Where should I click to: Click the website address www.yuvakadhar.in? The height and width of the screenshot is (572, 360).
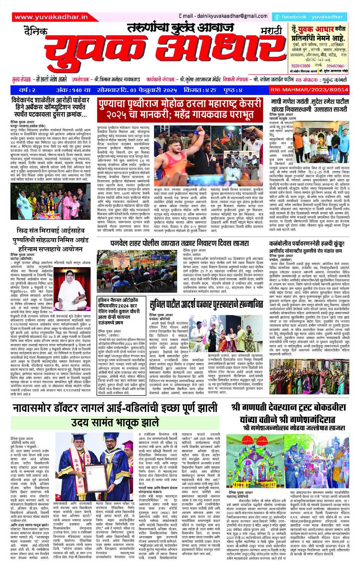click(x=51, y=17)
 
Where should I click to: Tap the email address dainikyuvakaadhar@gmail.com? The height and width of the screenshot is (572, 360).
click(x=223, y=16)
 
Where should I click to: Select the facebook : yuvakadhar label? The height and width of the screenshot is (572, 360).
click(x=309, y=17)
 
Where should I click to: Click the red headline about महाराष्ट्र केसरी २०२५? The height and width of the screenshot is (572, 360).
click(x=180, y=109)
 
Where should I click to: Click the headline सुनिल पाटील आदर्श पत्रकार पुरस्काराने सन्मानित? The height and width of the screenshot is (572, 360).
click(x=206, y=304)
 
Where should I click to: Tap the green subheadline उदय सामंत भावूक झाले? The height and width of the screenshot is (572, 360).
click(x=114, y=422)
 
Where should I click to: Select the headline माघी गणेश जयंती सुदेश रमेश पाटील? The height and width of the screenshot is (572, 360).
click(x=309, y=105)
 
